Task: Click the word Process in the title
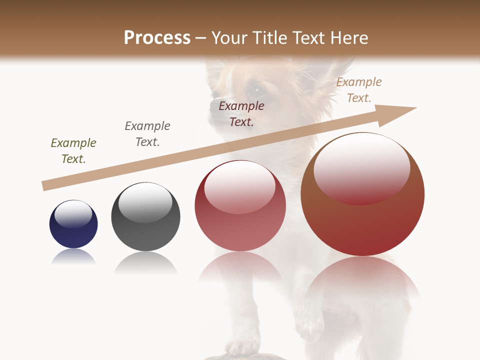coord(157,38)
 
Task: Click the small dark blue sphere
coord(73,224)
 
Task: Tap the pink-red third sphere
coord(240,206)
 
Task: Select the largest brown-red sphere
coord(362,194)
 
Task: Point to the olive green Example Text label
coord(73,151)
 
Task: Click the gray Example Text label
coord(147,134)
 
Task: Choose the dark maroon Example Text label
coord(241,114)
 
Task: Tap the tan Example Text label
coord(359,90)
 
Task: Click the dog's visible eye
coord(256,91)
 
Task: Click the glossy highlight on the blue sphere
coord(73,214)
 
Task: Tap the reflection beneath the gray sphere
coord(145,263)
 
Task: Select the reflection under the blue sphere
coord(73,257)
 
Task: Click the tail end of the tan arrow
coord(45,186)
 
